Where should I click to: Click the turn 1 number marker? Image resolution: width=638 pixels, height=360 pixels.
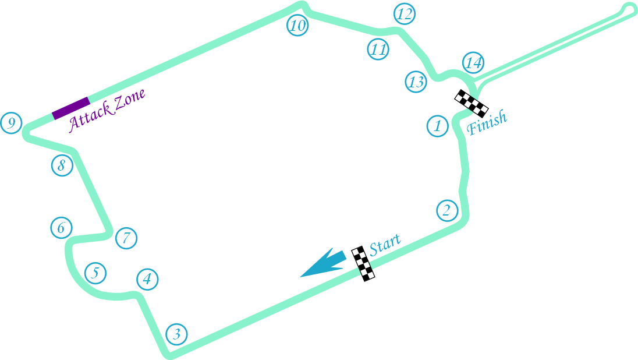(437, 126)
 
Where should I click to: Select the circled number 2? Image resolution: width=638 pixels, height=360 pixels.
(446, 210)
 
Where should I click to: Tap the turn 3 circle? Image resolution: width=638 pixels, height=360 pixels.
(177, 334)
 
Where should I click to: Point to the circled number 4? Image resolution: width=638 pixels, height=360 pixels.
(147, 280)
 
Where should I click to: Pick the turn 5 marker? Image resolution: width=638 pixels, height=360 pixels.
(96, 273)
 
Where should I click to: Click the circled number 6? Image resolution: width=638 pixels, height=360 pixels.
(61, 228)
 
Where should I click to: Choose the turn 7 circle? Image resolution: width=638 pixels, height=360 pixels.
(126, 238)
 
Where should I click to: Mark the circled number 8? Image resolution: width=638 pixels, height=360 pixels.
(61, 166)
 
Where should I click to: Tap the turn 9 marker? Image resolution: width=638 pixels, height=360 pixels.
(11, 123)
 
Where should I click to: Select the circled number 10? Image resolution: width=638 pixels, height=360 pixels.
(297, 26)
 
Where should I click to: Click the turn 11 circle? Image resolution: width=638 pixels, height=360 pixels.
(378, 50)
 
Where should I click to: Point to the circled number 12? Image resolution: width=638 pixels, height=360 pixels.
(405, 13)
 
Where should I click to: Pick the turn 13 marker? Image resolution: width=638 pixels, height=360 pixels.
(416, 82)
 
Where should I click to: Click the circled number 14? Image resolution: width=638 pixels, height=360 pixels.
(473, 62)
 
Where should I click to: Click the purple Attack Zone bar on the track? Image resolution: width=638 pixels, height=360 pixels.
(71, 108)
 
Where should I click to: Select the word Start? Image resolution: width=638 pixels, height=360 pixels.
(385, 244)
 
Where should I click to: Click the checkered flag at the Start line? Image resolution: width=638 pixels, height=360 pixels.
(363, 263)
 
